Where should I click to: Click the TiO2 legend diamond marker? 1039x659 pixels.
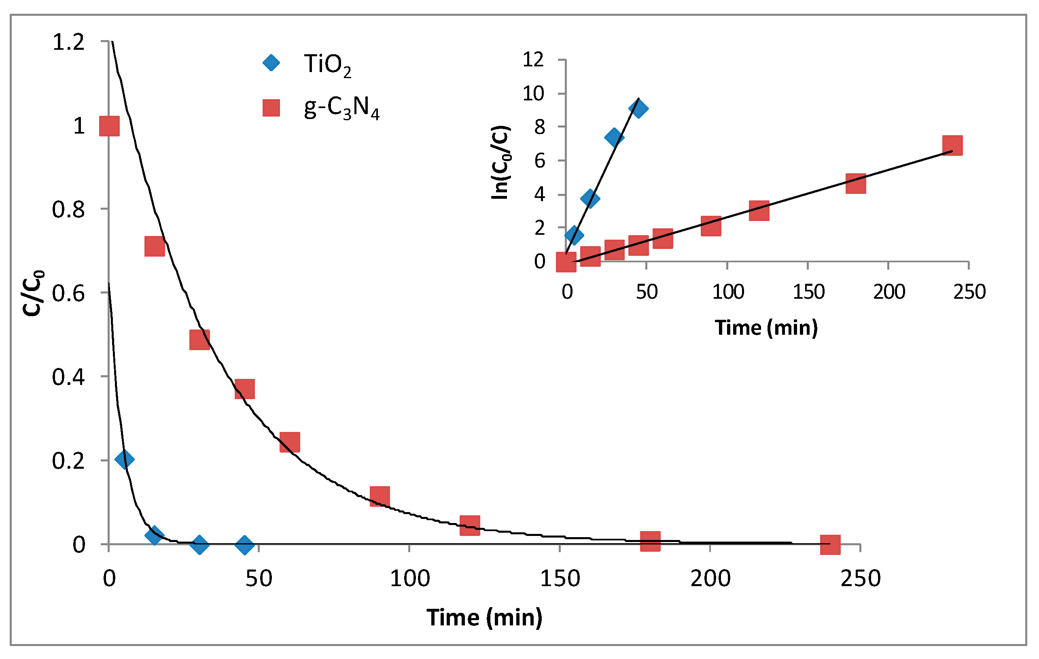(x=271, y=63)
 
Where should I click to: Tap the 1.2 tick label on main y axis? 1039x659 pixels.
(x=68, y=42)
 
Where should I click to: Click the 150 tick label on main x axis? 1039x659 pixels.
(x=560, y=578)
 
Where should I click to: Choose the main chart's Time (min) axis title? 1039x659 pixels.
(x=484, y=617)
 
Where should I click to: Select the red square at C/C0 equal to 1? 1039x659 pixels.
(x=109, y=126)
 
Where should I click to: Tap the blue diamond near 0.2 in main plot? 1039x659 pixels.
(x=124, y=459)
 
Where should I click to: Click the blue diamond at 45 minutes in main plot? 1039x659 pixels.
(x=244, y=544)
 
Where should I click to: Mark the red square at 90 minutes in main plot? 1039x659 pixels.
(x=380, y=496)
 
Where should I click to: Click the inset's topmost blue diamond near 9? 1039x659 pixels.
(x=638, y=108)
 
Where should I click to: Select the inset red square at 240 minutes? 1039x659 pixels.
(x=952, y=145)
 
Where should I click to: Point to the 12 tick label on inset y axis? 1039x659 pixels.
(x=533, y=60)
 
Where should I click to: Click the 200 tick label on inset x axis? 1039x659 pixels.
(x=889, y=292)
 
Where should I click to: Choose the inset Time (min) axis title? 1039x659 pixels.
(x=766, y=327)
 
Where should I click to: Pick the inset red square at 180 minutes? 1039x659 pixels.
(x=856, y=184)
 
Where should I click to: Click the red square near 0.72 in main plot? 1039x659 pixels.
(x=155, y=246)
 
